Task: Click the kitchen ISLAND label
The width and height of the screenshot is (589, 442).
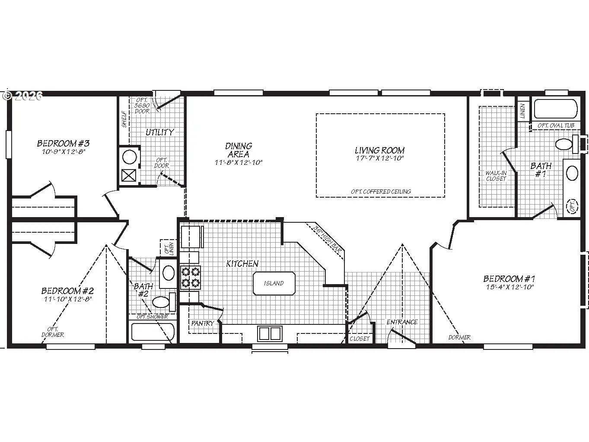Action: (x=274, y=283)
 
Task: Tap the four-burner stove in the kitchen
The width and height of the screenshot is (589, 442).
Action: (x=190, y=277)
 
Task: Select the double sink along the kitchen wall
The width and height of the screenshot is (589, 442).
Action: (x=270, y=333)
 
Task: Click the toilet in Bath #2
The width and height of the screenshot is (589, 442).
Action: (x=164, y=302)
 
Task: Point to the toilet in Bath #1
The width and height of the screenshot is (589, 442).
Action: (x=567, y=144)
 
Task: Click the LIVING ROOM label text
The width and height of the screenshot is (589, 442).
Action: (x=380, y=151)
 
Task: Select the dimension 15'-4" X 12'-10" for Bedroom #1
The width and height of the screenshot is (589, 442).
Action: (x=510, y=287)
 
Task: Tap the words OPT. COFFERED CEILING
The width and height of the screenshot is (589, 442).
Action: (x=381, y=192)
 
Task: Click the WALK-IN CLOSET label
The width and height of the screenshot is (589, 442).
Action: (x=496, y=176)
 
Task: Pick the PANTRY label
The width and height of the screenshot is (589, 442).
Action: (x=203, y=323)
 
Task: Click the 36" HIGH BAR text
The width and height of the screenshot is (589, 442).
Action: (x=328, y=240)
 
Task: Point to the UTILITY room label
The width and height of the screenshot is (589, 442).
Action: (x=160, y=132)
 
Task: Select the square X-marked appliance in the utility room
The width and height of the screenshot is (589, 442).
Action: (x=129, y=176)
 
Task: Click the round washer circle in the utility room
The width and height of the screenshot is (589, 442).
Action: (x=129, y=157)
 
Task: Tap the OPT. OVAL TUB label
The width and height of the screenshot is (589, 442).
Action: (x=556, y=126)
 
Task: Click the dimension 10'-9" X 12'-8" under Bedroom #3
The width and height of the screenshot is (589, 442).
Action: (x=64, y=152)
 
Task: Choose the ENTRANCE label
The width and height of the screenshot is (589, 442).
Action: (x=402, y=322)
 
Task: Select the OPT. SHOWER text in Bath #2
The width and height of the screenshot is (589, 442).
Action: (x=152, y=317)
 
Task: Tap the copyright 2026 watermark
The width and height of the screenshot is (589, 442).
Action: (x=22, y=96)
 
